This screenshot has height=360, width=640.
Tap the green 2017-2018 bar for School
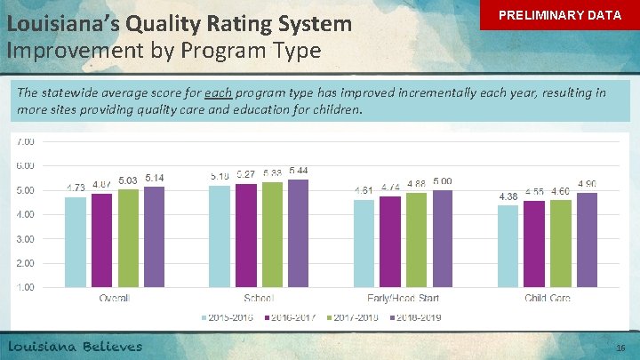click(273, 235)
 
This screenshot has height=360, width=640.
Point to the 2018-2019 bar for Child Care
click(588, 240)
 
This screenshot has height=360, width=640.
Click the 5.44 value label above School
click(299, 171)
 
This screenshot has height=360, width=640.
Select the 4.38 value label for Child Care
click(508, 196)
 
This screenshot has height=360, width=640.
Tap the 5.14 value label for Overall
click(155, 178)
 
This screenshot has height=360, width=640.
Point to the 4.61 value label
click(364, 190)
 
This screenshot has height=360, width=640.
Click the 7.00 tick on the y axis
click(25, 141)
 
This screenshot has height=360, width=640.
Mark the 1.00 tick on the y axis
click(25, 287)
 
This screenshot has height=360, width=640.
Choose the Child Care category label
click(548, 299)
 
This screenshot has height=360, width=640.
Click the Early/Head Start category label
click(404, 299)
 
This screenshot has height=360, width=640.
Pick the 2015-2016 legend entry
click(229, 317)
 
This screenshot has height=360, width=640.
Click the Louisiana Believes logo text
click(76, 346)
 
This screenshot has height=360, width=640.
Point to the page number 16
click(621, 348)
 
